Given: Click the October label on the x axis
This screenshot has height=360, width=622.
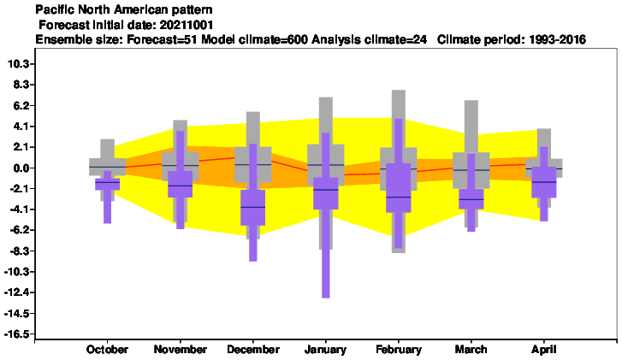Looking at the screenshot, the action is (x=107, y=350).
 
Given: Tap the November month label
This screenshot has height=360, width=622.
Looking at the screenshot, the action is (x=180, y=350).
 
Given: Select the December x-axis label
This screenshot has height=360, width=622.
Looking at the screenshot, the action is (x=253, y=350).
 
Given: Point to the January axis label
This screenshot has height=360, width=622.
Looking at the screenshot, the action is (x=325, y=350).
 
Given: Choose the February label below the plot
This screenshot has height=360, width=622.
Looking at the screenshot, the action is (x=399, y=350).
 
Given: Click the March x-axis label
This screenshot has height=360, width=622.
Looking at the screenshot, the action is (x=471, y=350).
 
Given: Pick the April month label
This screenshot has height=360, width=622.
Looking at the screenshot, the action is (x=544, y=350).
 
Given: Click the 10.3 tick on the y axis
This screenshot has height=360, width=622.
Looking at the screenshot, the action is (x=19, y=64).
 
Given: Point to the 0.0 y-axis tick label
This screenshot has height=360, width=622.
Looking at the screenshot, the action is (x=21, y=168).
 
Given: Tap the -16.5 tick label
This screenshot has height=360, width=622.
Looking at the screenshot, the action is (x=16, y=334).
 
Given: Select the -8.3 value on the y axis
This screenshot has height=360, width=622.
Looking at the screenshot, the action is (x=19, y=251).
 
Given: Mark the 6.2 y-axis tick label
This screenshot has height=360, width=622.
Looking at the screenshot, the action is (x=21, y=105).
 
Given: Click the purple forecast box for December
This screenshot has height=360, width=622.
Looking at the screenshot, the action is (x=253, y=208).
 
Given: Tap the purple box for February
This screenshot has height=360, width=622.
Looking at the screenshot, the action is (x=399, y=188).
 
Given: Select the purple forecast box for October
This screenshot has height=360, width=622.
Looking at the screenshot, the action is (x=107, y=185).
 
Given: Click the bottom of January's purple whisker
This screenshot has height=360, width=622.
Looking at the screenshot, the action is (x=325, y=298).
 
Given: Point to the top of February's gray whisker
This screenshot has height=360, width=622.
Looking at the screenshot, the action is (x=399, y=91).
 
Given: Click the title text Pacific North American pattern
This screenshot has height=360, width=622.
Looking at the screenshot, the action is (x=124, y=9).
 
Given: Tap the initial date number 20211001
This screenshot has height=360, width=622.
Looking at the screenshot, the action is (x=187, y=25).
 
